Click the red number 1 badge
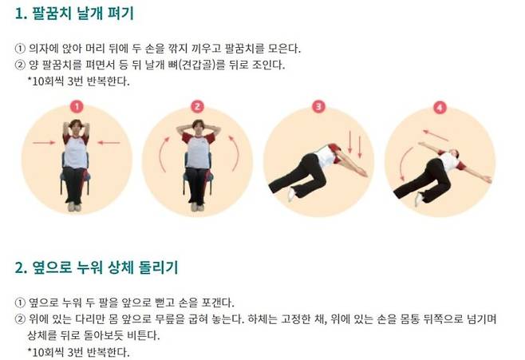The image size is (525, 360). [x=75, y=105]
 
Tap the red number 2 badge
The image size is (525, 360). [x=197, y=105]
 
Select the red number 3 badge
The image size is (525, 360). [x=318, y=105]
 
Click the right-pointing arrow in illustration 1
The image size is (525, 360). [x=42, y=143]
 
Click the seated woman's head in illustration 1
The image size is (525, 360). [x=76, y=127]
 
